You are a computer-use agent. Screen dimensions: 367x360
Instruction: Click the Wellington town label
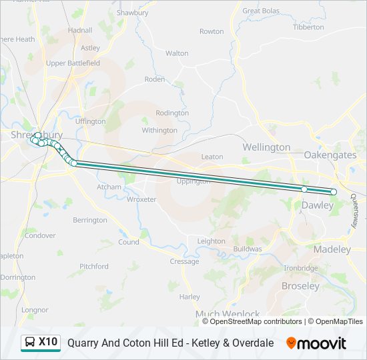(x=266, y=147)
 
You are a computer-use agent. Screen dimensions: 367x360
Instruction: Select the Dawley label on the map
(x=317, y=205)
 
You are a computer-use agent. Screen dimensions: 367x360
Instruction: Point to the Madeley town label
(x=332, y=249)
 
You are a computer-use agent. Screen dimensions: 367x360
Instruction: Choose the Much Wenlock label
(x=228, y=314)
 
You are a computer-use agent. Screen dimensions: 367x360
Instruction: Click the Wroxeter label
(x=141, y=199)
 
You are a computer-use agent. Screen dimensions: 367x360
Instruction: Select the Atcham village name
(x=109, y=187)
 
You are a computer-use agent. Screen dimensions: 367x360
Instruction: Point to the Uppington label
(x=194, y=181)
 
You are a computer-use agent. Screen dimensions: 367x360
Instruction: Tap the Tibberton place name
(x=308, y=27)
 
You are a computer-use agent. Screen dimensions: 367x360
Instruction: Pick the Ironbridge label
(x=301, y=268)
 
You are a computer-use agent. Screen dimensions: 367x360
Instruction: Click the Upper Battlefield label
(x=73, y=63)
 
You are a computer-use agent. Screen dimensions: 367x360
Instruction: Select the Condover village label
(x=40, y=235)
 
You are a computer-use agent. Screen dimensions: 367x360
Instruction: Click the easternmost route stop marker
(x=334, y=192)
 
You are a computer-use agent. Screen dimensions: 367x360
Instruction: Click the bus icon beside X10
(x=30, y=343)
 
